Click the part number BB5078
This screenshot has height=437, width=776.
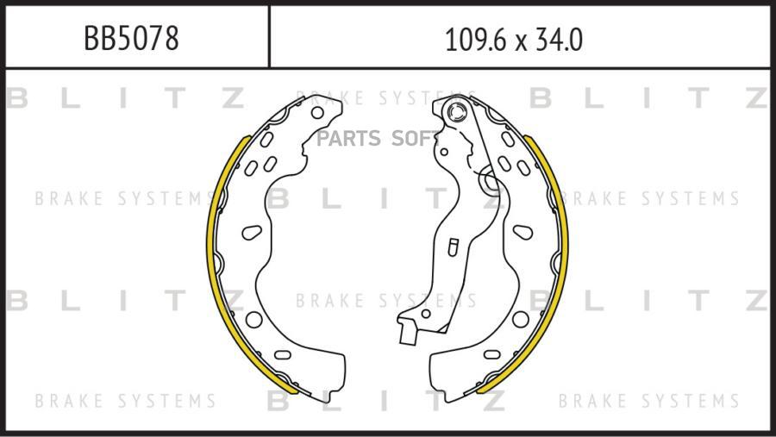click(131, 39)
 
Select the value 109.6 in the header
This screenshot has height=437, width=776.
click(477, 41)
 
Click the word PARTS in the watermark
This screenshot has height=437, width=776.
click(348, 139)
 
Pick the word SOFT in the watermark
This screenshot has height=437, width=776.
click(413, 139)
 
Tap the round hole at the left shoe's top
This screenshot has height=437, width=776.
click(317, 113)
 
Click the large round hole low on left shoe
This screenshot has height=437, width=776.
click(253, 320)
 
